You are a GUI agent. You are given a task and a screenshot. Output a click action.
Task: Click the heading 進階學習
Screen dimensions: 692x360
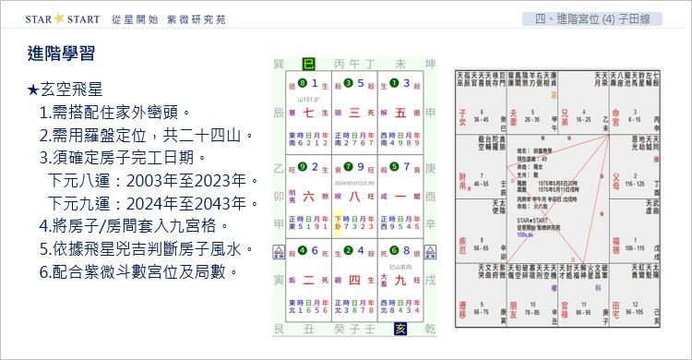click(x=62, y=54)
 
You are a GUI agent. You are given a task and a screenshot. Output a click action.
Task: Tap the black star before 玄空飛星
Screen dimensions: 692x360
click(x=33, y=90)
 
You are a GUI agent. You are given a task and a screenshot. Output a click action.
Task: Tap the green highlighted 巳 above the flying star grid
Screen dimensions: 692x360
click(x=334, y=63)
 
